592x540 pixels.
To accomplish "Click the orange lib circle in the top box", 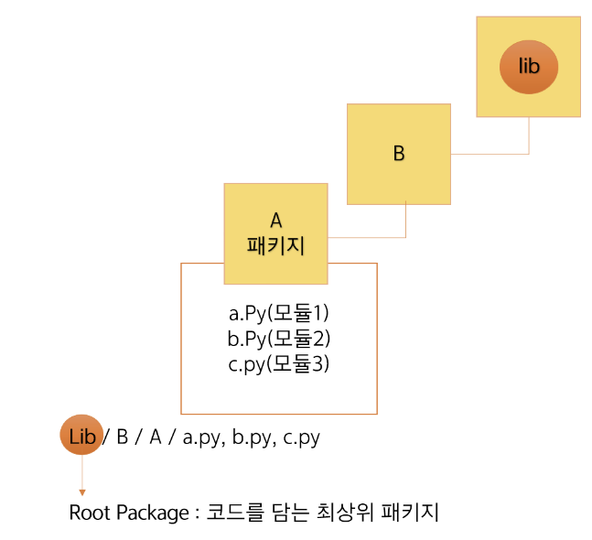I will coord(528,66).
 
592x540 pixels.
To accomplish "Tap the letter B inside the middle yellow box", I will coord(398,154).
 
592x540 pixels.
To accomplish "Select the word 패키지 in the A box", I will coord(275,245).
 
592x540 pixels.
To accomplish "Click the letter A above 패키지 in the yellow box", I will coord(275,221).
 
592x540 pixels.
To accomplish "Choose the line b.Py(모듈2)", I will coord(278,339).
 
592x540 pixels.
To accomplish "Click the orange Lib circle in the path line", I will coord(82,437).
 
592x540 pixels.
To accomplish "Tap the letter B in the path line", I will coord(122,437).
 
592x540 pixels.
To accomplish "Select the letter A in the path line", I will coord(156,437).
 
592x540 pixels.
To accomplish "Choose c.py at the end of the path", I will coord(301,438).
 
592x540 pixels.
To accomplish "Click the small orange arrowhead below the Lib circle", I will coord(82,492).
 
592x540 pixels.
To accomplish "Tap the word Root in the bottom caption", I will coord(89,513).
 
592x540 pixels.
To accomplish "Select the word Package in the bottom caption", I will coord(152,513).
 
